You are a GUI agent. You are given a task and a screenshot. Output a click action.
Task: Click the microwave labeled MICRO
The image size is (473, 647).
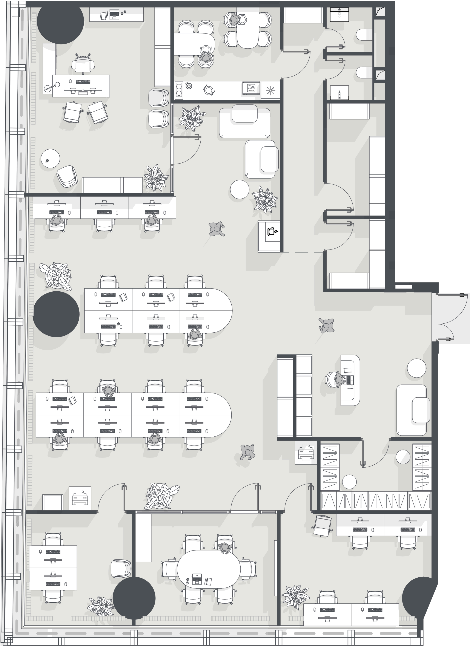point(251,87)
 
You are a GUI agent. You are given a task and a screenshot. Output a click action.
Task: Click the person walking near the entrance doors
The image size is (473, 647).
point(326,325)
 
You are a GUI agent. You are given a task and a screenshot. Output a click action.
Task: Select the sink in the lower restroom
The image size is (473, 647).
point(339,93)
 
